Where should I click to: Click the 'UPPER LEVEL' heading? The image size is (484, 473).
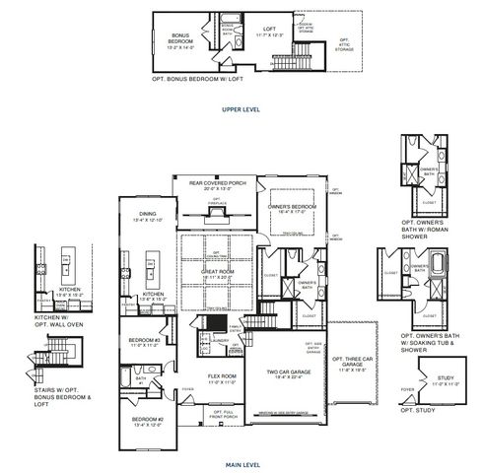(x=242, y=109)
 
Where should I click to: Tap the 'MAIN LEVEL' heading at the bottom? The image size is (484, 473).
(x=242, y=462)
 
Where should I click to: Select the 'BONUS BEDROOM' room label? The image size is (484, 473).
(x=180, y=36)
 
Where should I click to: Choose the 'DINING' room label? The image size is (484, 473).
(x=148, y=217)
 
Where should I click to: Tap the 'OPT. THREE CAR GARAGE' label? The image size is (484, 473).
(x=351, y=363)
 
